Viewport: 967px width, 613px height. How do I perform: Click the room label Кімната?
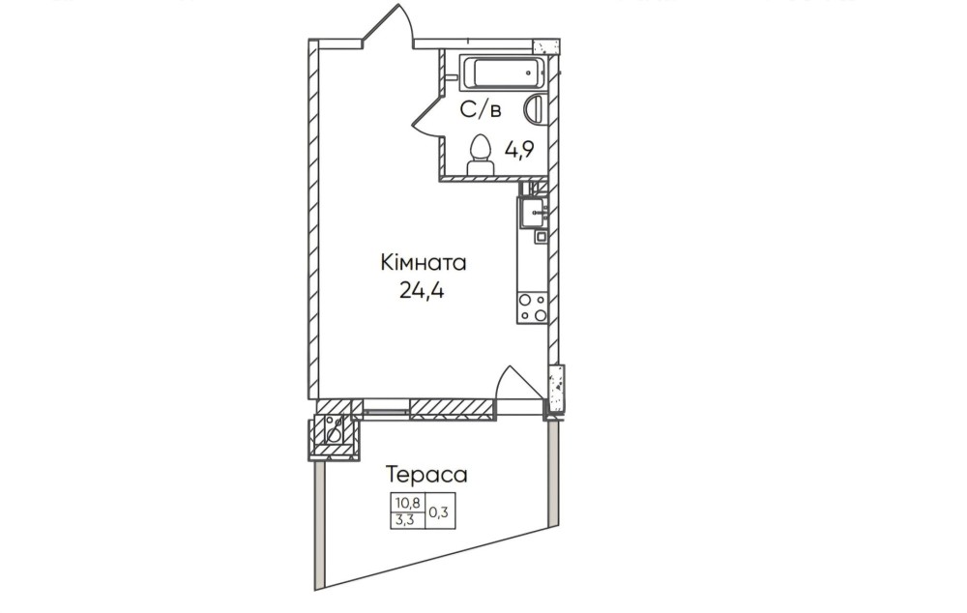424,263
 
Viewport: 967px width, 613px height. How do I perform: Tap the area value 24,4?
422,289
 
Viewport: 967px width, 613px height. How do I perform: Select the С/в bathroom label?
481,110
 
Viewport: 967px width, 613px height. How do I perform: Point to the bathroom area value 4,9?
519,149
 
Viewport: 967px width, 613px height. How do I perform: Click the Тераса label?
426,475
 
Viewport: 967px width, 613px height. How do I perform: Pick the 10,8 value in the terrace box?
407,503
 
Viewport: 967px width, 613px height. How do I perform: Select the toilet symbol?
480,155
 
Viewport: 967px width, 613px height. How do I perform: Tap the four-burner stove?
532,307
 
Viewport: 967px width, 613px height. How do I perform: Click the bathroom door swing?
427,121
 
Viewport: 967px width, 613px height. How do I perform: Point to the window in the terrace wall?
386,410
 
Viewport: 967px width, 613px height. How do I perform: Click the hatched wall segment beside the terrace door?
453,410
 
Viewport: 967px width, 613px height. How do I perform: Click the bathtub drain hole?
529,73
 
